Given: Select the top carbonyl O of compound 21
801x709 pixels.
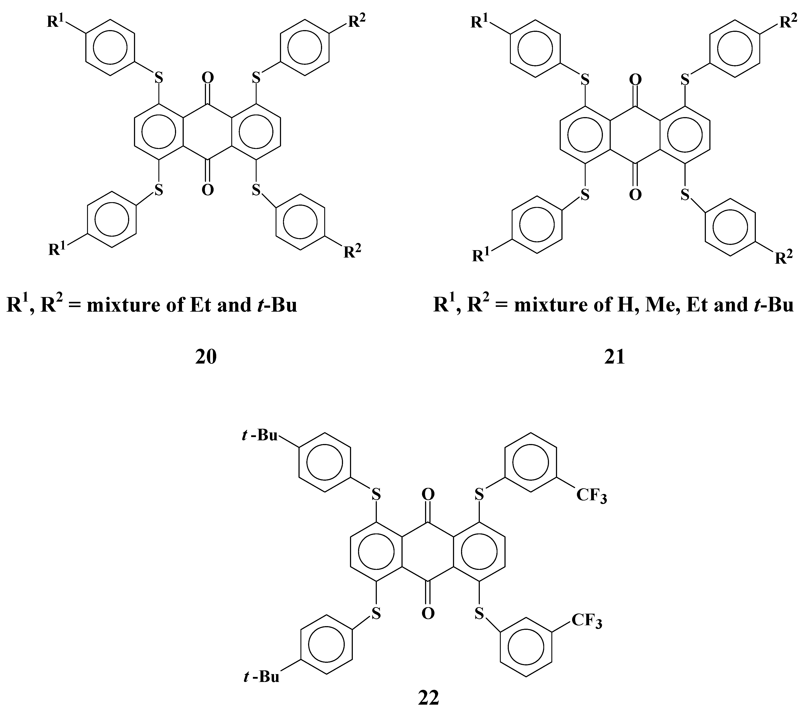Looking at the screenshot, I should click(x=635, y=80).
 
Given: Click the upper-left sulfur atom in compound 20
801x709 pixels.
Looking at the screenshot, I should click(x=158, y=78).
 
